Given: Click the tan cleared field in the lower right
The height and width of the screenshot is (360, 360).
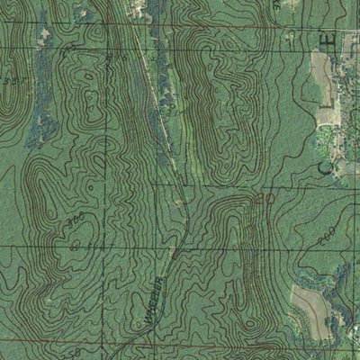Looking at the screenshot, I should [310, 305].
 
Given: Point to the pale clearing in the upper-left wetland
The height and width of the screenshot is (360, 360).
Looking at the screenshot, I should [43, 34].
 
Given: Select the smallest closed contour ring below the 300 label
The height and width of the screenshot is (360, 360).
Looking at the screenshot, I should [76, 243].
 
